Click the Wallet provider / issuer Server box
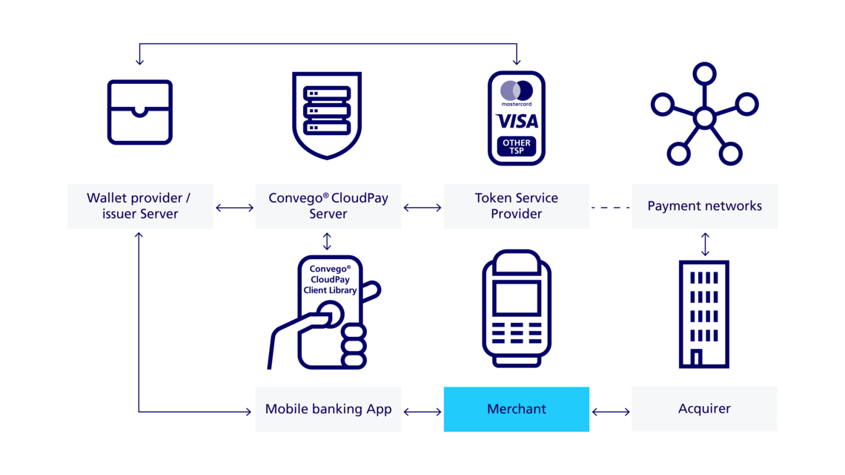[140, 206]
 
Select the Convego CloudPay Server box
[328, 206]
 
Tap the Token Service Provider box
[517, 206]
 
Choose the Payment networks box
[704, 206]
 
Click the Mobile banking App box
[328, 409]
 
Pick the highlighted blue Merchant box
[517, 409]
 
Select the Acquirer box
[704, 409]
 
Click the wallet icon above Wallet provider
[140, 112]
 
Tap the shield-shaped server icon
[327, 114]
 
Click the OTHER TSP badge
[517, 146]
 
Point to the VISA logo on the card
[517, 121]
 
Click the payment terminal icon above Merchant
[517, 309]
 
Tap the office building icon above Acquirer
[704, 315]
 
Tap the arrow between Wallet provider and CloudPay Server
[234, 209]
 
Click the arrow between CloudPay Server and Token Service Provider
[422, 209]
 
